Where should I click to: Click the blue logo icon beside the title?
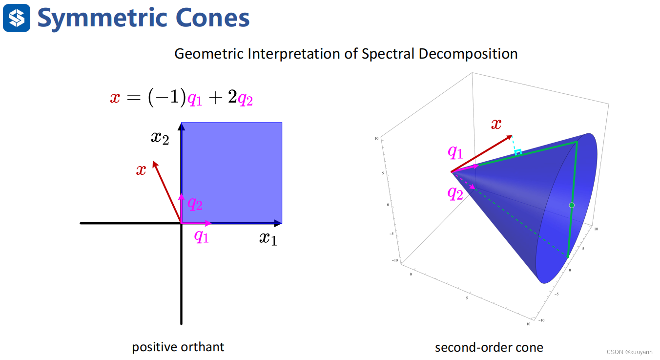coord(17,18)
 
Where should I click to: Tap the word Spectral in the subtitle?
coord(388,53)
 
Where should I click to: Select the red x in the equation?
coord(115,98)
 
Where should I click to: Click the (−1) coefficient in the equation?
coord(167,98)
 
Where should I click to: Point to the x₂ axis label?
coord(160,138)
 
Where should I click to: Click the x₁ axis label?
coord(268,238)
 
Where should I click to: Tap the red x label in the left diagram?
coord(141,170)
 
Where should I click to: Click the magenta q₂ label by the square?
coord(195,203)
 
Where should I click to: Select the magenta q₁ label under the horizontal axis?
coord(201,236)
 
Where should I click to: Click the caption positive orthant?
coord(178,347)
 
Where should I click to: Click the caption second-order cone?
coord(489,347)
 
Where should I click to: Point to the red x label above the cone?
coord(496,124)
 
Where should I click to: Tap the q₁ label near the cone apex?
coord(455,153)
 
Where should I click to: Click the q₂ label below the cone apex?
coord(455,194)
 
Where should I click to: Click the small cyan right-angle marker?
coord(518,152)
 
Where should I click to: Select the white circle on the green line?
coord(572,205)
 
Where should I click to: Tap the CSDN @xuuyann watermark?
coord(630,353)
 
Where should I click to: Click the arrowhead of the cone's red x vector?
coord(510,136)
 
